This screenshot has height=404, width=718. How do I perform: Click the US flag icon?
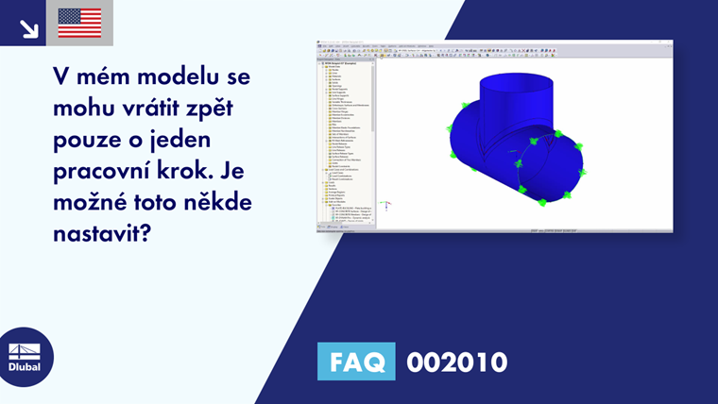pyautogui.click(x=79, y=23)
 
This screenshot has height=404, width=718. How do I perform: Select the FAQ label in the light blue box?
pyautogui.click(x=356, y=362)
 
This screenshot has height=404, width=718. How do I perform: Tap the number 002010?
pyautogui.click(x=456, y=362)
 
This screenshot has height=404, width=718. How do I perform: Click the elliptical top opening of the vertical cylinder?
pyautogui.click(x=515, y=81)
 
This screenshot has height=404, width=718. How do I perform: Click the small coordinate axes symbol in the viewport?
pyautogui.click(x=385, y=204)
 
